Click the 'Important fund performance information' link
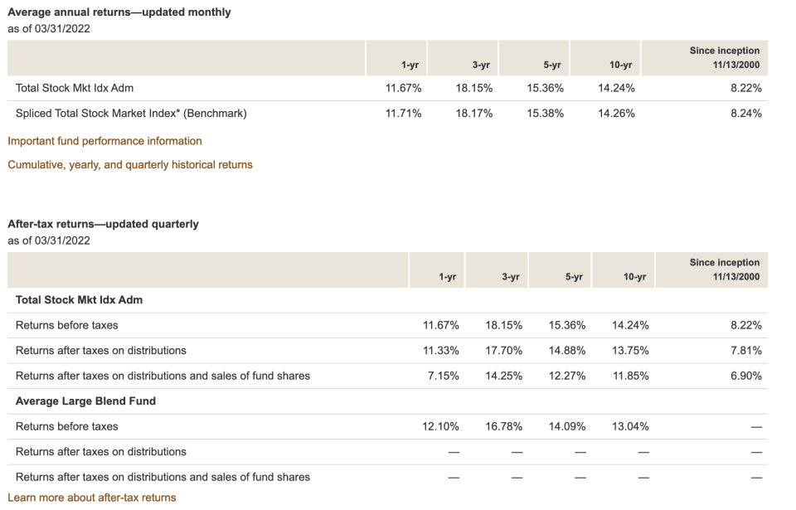tap(104, 141)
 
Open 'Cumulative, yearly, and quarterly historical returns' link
tap(130, 165)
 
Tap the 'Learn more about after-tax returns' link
tap(92, 498)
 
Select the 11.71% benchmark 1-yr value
tap(404, 114)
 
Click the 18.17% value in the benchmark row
tap(474, 114)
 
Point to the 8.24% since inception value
tap(745, 114)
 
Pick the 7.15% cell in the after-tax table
tap(444, 376)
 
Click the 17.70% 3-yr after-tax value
tap(503, 351)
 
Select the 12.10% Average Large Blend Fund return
tap(441, 426)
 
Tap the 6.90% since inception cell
tap(745, 376)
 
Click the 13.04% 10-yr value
tap(630, 426)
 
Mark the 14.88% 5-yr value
tap(567, 351)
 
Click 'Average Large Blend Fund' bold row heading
tap(85, 401)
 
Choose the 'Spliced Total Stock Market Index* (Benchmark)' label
tap(131, 114)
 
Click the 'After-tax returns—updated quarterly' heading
tap(103, 224)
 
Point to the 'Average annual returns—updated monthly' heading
tap(119, 12)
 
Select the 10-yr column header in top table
tap(620, 65)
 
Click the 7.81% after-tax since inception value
tap(745, 351)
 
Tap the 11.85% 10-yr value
tap(630, 376)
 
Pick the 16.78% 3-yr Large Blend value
tap(503, 426)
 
